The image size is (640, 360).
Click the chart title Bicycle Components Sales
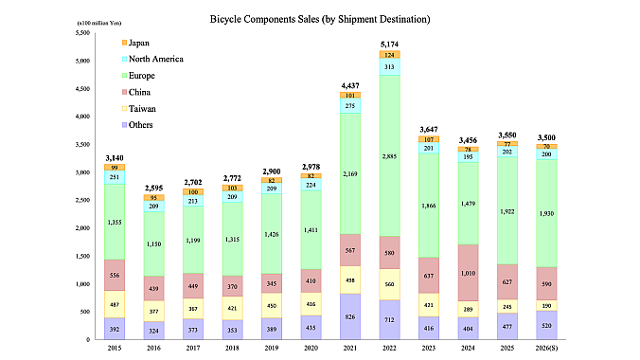coord(319,18)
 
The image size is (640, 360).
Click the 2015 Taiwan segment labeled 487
coord(116,304)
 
